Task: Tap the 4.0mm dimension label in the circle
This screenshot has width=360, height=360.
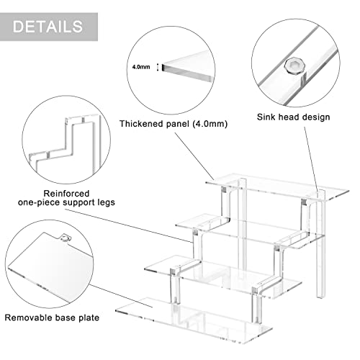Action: tap(141, 67)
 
